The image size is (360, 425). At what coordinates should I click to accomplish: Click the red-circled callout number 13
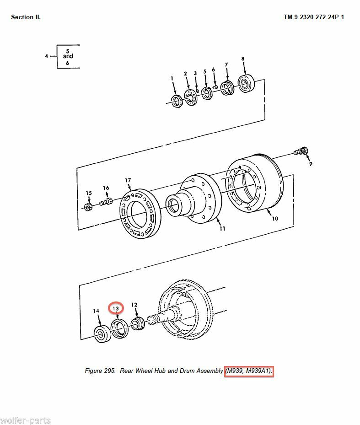pos(116,308)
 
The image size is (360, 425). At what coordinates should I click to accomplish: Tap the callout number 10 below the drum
pos(275,219)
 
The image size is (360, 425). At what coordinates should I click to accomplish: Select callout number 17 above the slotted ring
pos(128,180)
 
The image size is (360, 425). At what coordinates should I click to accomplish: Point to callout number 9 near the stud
pos(311,164)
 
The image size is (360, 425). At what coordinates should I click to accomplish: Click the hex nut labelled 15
pos(87,207)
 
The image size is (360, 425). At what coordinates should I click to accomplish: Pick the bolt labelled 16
pos(106,202)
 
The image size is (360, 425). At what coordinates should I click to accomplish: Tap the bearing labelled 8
pos(246,83)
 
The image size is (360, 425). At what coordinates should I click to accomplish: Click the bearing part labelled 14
pos(102,334)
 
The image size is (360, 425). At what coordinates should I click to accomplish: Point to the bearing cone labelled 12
pos(138,323)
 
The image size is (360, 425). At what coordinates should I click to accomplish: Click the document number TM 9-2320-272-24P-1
pos(314,17)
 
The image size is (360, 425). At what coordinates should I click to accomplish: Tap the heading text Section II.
pos(26,17)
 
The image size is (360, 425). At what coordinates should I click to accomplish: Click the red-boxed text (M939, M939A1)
pos(249,371)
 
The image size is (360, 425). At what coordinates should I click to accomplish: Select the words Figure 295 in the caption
pos(100,371)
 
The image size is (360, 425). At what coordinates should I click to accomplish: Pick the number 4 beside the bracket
pos(46,56)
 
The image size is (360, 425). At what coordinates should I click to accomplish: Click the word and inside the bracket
pos(68,56)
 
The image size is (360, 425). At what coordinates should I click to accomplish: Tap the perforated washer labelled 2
pos(191,97)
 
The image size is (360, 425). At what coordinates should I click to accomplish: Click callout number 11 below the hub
pos(222,228)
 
